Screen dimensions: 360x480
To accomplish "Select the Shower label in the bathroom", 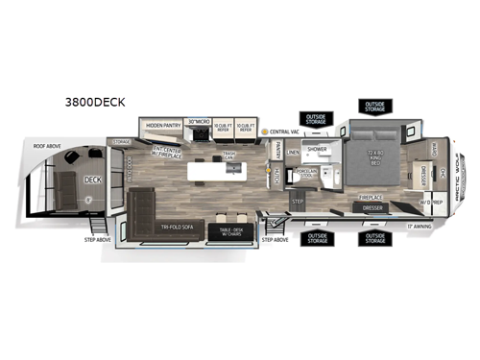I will coord(316,149).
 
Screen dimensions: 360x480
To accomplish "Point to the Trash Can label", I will coord(229,156).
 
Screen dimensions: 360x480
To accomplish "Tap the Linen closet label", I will coord(293,152).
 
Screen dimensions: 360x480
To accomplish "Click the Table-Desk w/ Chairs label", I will coord(229,229).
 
